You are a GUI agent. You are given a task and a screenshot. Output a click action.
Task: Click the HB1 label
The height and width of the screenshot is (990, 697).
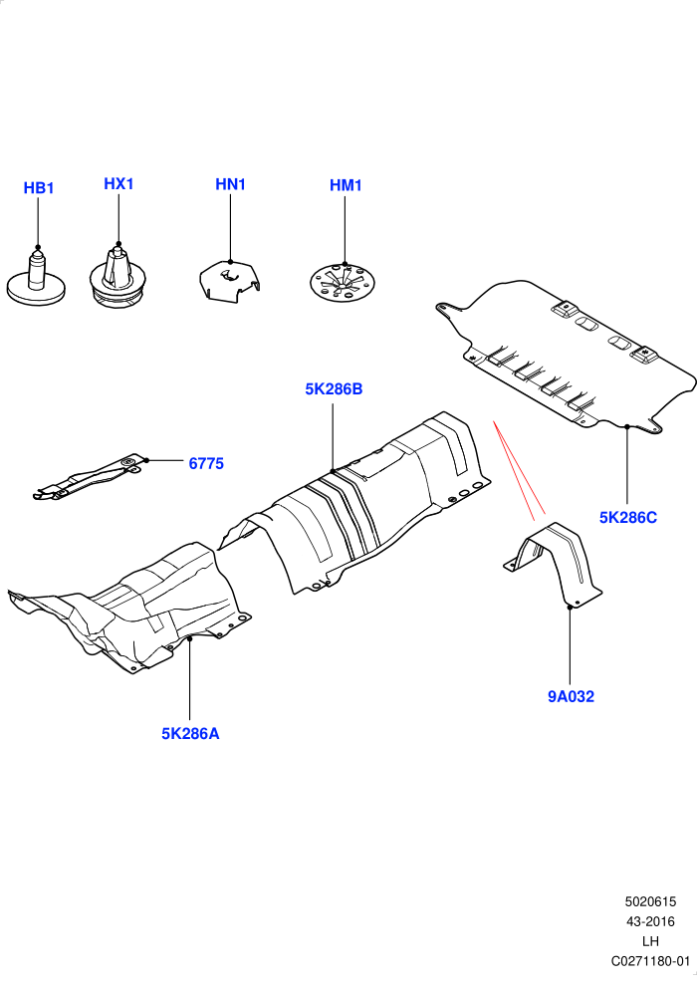[x=39, y=188]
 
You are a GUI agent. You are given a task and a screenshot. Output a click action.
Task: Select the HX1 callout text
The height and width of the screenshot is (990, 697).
[x=118, y=183]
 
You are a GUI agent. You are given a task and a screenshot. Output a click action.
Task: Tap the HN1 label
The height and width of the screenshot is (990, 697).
[x=230, y=184]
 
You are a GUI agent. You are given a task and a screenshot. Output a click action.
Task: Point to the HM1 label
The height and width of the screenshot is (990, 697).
[x=346, y=185]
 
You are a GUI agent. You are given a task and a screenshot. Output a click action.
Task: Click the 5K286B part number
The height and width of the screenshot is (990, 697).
[x=334, y=388]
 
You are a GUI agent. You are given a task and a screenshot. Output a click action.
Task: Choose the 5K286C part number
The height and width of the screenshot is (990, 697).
[x=628, y=518]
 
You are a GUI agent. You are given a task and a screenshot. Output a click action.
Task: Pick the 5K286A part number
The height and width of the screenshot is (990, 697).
[x=190, y=734]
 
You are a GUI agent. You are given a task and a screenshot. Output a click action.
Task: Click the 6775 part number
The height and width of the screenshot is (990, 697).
[x=206, y=463]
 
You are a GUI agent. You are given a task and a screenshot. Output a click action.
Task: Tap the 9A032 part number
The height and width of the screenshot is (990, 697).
[x=571, y=696]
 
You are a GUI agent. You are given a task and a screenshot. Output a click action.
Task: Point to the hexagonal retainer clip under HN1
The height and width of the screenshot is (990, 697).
[x=230, y=281]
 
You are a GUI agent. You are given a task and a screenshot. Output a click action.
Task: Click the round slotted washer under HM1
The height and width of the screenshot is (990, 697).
[x=344, y=284]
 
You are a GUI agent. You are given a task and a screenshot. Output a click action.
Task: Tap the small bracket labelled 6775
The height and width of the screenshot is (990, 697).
[x=89, y=478]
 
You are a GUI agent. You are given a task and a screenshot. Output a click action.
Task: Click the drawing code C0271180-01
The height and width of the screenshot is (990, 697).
[x=650, y=961]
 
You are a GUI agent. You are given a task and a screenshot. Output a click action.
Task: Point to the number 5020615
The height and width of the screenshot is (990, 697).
[x=650, y=901]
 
